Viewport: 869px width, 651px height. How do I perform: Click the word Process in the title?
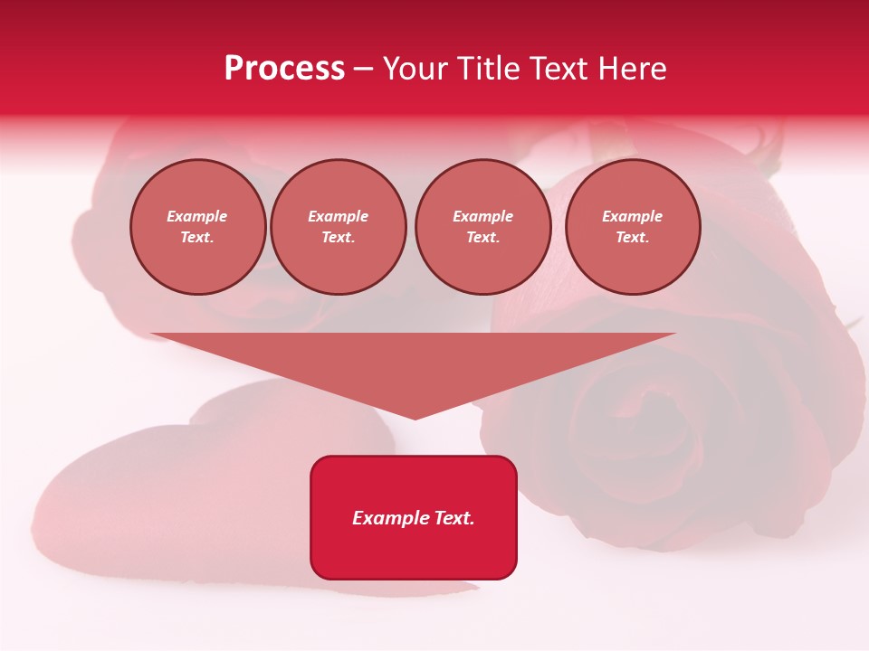[284, 69]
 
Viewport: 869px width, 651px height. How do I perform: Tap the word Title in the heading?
[486, 69]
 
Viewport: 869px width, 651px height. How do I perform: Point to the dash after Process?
[364, 70]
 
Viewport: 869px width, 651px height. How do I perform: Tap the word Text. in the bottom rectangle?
[454, 518]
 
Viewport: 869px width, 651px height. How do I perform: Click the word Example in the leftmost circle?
[197, 216]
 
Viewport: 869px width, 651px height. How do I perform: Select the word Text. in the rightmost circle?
[633, 237]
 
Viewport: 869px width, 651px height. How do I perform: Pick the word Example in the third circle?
[482, 216]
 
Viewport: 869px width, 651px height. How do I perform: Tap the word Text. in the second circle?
[339, 237]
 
